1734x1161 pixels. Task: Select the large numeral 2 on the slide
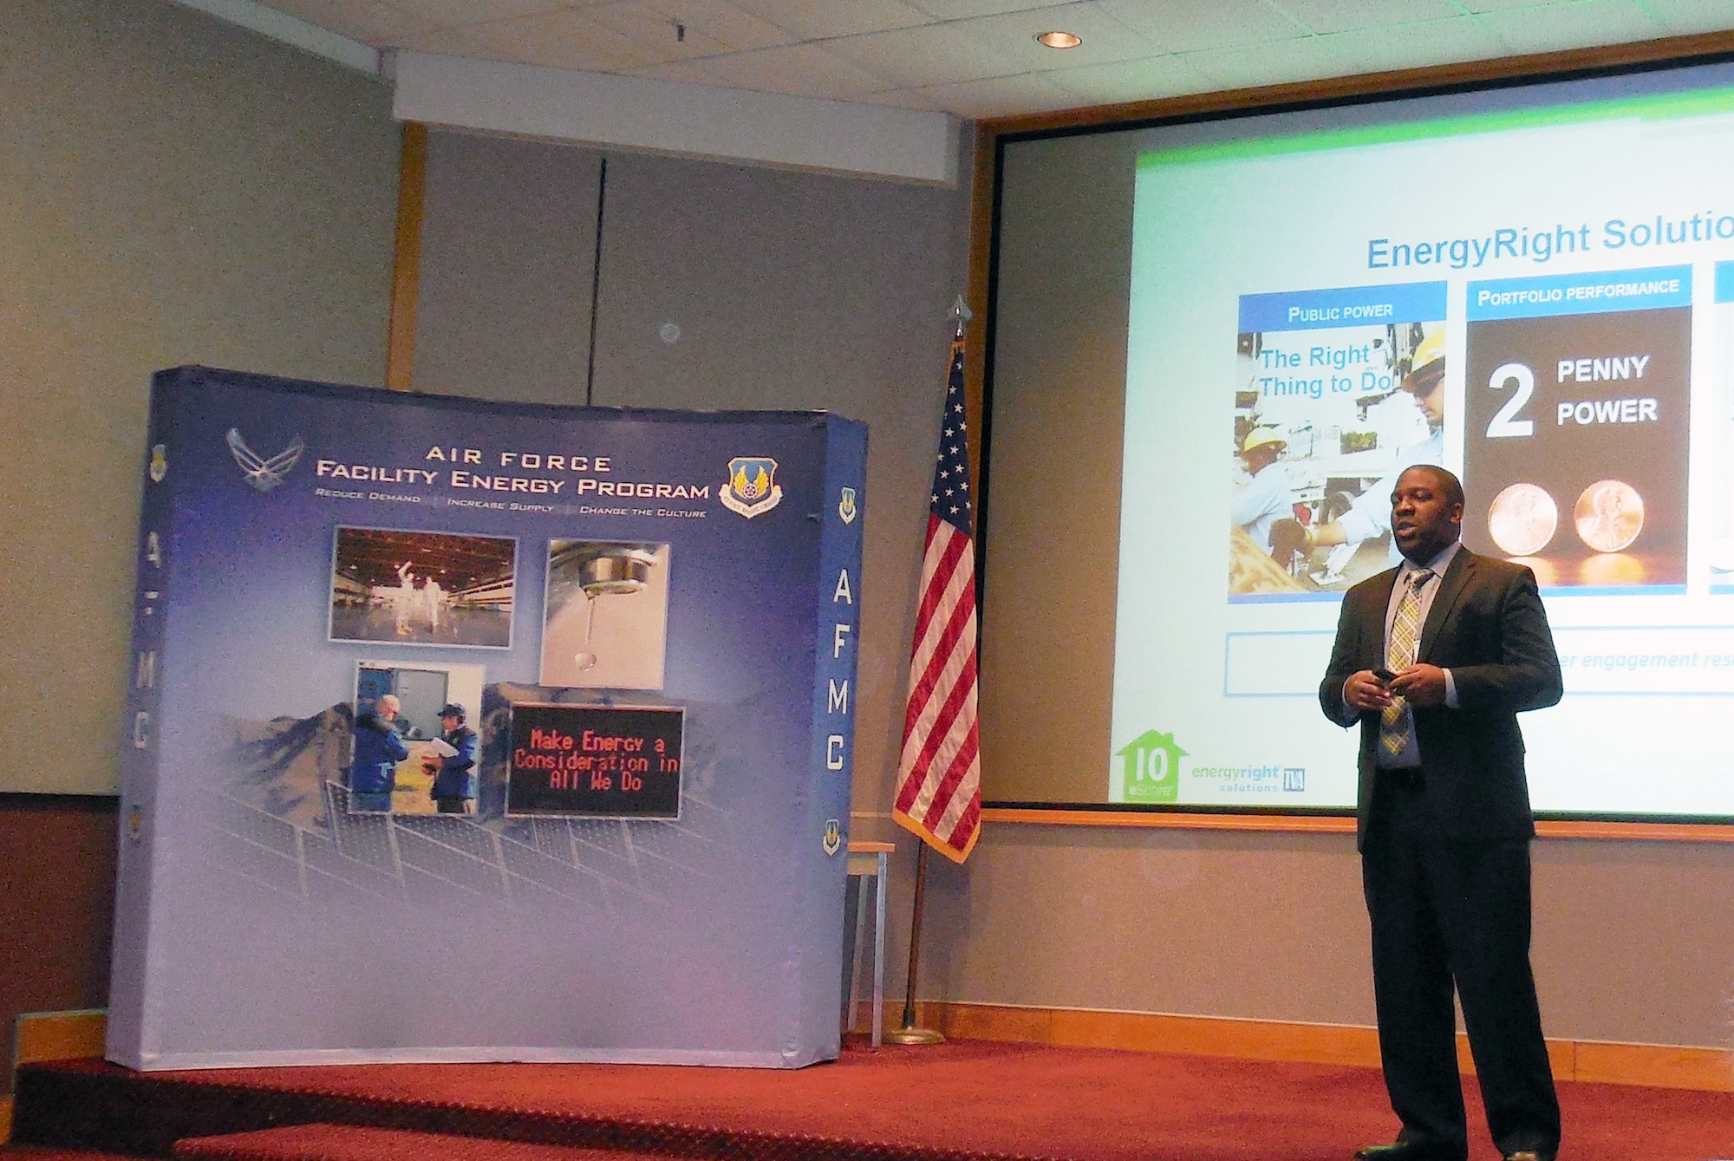[1509, 401]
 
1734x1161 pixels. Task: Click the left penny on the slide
[1522, 518]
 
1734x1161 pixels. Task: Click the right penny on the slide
[1608, 516]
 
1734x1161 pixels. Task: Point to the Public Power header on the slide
[1340, 312]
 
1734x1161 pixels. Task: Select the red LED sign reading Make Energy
[596, 761]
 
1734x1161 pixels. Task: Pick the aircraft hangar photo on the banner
[423, 587]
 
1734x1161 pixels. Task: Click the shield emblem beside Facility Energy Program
[751, 487]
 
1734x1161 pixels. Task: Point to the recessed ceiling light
[1059, 39]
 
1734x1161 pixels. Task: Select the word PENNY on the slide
[1602, 369]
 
